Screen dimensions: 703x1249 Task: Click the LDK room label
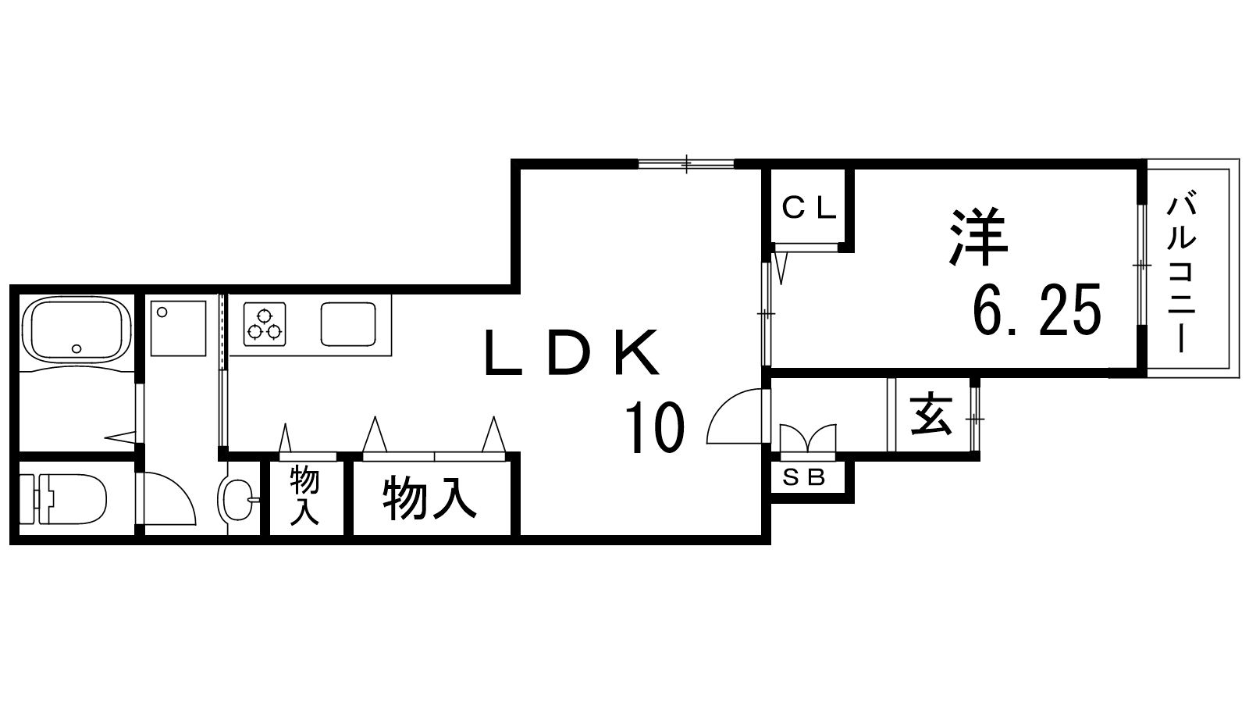[571, 353]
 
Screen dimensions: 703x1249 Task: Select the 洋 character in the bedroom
[979, 236]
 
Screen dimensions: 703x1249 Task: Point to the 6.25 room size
[1037, 309]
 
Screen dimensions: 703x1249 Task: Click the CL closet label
[810, 209]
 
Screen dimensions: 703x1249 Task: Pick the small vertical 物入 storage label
[304, 495]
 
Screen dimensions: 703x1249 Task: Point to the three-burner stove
[264, 324]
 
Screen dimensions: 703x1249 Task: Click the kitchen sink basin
[349, 324]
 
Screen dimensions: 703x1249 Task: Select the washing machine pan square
[178, 327]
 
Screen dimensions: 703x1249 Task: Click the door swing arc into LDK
[735, 418]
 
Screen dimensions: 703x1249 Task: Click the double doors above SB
[807, 438]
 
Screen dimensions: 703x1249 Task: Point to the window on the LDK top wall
[686, 163]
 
